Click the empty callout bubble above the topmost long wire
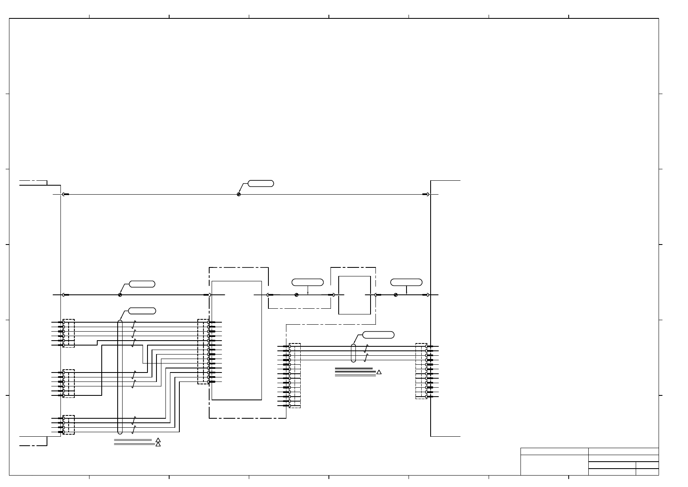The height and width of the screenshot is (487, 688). pyautogui.click(x=261, y=183)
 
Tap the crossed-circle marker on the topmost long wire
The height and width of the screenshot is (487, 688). pyautogui.click(x=239, y=194)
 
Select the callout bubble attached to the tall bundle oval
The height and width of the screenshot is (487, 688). pyautogui.click(x=142, y=311)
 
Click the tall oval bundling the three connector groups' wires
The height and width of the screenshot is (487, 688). pyautogui.click(x=120, y=377)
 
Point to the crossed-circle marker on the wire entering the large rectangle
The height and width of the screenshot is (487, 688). pyautogui.click(x=120, y=295)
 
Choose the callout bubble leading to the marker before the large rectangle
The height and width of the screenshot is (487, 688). pyautogui.click(x=142, y=284)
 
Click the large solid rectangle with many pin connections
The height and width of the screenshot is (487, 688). pyautogui.click(x=237, y=340)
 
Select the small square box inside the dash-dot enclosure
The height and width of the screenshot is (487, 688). pyautogui.click(x=355, y=295)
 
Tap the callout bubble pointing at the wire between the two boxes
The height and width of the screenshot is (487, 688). pyautogui.click(x=307, y=282)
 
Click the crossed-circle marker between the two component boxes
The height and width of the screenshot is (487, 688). pyautogui.click(x=296, y=295)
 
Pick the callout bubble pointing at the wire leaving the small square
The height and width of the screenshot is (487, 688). pyautogui.click(x=406, y=282)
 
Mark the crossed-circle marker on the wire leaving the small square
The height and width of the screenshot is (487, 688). pyautogui.click(x=395, y=295)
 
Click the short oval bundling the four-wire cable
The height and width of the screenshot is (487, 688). pyautogui.click(x=353, y=353)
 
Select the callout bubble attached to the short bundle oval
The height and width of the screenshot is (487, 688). pyautogui.click(x=379, y=335)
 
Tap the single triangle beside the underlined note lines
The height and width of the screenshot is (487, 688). pyautogui.click(x=379, y=372)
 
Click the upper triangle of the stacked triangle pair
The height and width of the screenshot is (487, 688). pyautogui.click(x=158, y=440)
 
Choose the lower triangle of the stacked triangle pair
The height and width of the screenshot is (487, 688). pyautogui.click(x=158, y=444)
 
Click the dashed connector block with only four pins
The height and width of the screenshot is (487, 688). pyautogui.click(x=69, y=425)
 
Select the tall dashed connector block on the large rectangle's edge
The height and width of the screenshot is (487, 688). pyautogui.click(x=203, y=352)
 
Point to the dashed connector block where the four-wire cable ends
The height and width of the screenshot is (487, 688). pyautogui.click(x=421, y=371)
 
